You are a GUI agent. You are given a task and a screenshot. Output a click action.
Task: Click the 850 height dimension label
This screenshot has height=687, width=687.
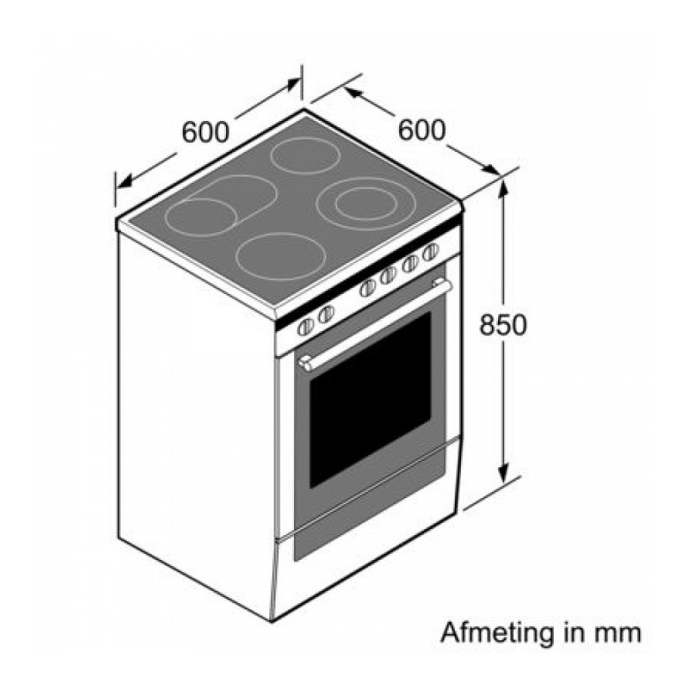click(x=503, y=325)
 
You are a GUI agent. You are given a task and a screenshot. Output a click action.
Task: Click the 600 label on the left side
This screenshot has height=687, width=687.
click(x=205, y=132)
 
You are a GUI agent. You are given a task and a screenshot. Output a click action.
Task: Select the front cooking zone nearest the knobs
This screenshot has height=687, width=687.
click(x=280, y=255)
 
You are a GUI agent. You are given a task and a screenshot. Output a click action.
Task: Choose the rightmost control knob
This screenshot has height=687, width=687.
click(x=431, y=251)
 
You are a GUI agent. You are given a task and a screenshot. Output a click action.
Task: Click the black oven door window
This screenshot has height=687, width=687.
click(x=371, y=398)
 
